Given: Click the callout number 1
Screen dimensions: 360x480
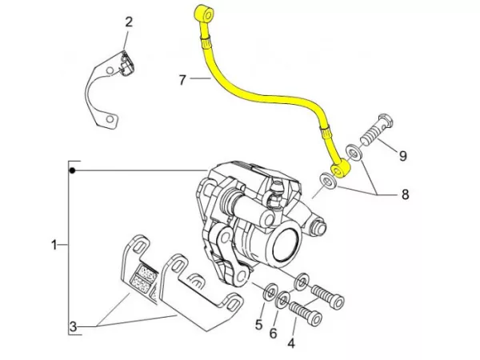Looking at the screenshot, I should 54,245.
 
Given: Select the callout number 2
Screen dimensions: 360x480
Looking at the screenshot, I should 128,22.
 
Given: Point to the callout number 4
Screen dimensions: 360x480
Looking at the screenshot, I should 290,344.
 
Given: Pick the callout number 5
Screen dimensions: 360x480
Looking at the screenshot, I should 258,325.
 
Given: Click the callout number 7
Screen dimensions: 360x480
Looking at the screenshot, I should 182,80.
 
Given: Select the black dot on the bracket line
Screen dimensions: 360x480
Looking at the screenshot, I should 72,171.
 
